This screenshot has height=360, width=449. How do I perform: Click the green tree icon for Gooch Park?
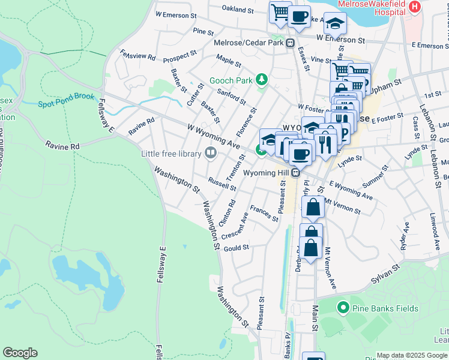tap(261, 80)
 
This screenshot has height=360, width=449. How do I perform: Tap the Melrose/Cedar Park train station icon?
tap(289, 43)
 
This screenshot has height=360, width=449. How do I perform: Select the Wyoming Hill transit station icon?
tap(295, 173)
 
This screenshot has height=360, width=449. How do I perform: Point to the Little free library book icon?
tap(210, 154)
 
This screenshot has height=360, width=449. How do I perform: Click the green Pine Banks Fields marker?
tap(343, 308)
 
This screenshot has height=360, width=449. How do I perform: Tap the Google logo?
tap(20, 353)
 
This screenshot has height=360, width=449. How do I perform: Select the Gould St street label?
tap(236, 247)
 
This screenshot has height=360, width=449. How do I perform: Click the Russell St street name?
tap(221, 183)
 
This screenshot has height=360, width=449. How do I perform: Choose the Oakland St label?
tap(238, 10)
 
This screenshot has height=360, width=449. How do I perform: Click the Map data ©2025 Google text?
tap(412, 355)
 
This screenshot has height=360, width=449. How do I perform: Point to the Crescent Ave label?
tap(235, 226)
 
